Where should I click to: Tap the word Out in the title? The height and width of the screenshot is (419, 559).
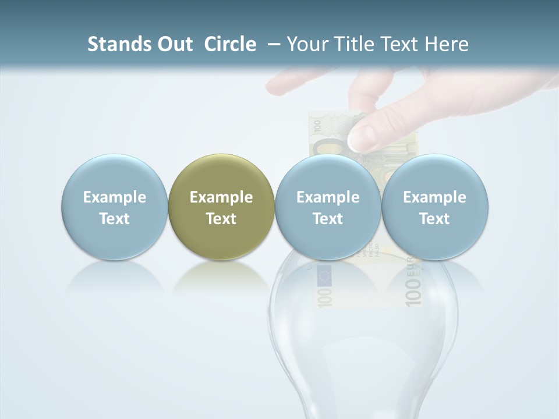pyautogui.click(x=174, y=44)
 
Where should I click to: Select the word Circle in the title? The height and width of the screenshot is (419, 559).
pyautogui.click(x=230, y=44)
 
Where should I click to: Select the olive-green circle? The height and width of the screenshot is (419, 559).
pyautogui.click(x=221, y=207)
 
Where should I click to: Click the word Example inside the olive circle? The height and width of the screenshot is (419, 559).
pyautogui.click(x=221, y=197)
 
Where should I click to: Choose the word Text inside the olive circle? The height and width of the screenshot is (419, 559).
pyautogui.click(x=221, y=219)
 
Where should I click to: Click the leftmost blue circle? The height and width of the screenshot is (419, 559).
pyautogui.click(x=115, y=207)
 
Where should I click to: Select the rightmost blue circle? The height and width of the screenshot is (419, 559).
pyautogui.click(x=435, y=207)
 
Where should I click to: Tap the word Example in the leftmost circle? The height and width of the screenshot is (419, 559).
pyautogui.click(x=115, y=197)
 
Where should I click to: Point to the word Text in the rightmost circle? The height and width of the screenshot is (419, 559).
pyautogui.click(x=435, y=219)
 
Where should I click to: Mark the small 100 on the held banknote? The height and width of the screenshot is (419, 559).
pyautogui.click(x=317, y=126)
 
